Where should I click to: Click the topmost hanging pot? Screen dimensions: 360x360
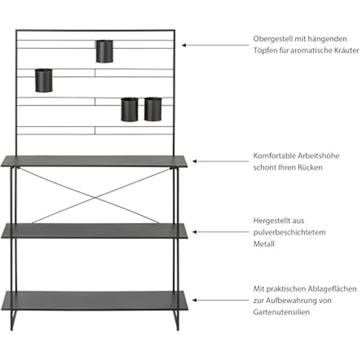tap(104, 51)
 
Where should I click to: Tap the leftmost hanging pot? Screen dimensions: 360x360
tap(44, 81)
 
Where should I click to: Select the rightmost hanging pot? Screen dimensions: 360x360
tap(153, 109)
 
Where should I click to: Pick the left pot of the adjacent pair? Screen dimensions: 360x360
tap(130, 109)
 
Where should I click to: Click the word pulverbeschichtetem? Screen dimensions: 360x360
tap(290, 232)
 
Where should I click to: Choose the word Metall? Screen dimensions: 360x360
tap(264, 244)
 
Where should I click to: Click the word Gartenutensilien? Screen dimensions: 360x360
tap(281, 312)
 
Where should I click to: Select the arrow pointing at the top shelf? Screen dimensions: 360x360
tap(220, 160)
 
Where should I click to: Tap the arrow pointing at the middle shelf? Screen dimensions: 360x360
tap(220, 231)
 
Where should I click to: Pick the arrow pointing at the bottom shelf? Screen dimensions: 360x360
tap(220, 299)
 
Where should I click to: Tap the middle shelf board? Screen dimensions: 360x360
tap(95, 231)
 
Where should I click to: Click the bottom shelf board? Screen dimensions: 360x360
tap(95, 299)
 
